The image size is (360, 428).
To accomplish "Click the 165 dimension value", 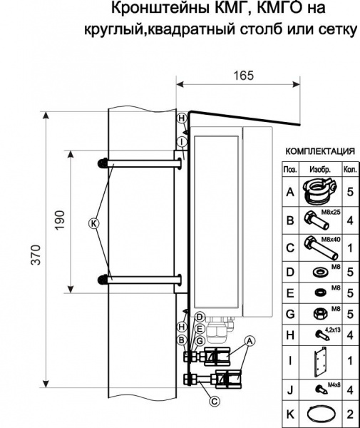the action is click(x=244, y=76).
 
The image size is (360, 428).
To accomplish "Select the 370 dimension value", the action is click(x=36, y=255).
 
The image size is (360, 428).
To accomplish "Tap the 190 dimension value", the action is click(x=60, y=220).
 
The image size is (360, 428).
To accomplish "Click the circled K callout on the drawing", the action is click(x=93, y=223).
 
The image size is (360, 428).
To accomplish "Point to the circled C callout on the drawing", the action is click(x=215, y=401).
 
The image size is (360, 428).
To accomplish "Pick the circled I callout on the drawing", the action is click(x=181, y=142).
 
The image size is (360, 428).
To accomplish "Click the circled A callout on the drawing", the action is click(x=250, y=341).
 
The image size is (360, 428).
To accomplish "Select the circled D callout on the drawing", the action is click(x=200, y=317).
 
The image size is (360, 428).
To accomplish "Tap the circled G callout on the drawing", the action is click(x=200, y=341).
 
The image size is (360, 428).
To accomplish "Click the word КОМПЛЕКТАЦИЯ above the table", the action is click(x=320, y=151).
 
